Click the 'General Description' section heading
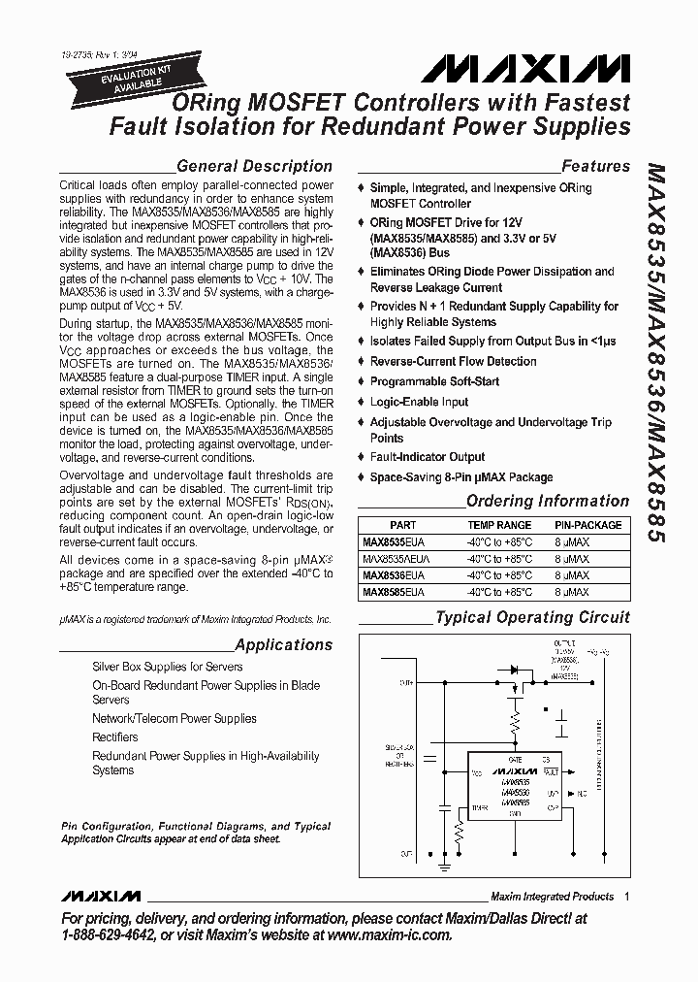click(x=254, y=166)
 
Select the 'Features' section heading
click(x=595, y=166)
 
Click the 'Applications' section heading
click(x=283, y=644)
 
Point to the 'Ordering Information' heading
click(x=547, y=501)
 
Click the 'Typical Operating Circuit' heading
click(x=532, y=617)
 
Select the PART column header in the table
click(x=402, y=524)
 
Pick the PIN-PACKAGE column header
click(x=588, y=524)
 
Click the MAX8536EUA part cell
click(x=394, y=575)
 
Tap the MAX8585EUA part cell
click(x=394, y=592)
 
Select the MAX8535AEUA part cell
click(x=397, y=560)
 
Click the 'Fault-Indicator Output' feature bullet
click(x=428, y=457)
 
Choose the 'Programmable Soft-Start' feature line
click(x=434, y=381)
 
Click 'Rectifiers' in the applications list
click(x=114, y=737)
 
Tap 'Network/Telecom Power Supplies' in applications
click(x=174, y=719)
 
